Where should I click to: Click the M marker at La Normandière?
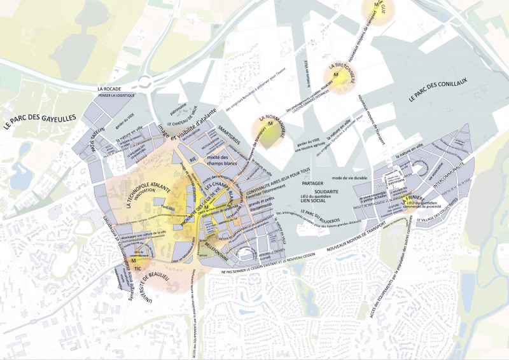270,123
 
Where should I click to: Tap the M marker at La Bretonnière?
340,77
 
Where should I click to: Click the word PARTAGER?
314,184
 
